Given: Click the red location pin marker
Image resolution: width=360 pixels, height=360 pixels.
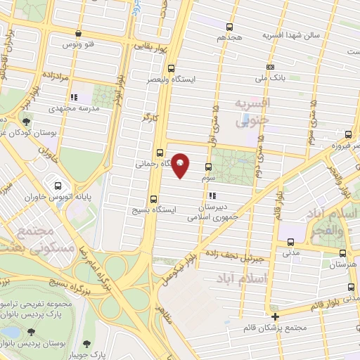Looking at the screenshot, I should (181, 165).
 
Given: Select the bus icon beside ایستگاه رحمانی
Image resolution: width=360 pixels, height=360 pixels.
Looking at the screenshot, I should (160, 152).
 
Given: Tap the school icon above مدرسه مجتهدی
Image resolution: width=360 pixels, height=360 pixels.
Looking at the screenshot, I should (73, 98).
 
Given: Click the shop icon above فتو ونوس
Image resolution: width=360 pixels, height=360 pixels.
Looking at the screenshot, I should (78, 33).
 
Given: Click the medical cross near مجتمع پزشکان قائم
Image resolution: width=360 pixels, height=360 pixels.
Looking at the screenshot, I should (276, 316).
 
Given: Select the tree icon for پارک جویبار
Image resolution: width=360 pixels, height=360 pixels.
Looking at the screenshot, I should (86, 344).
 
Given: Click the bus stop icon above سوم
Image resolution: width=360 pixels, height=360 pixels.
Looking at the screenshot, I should (207, 167).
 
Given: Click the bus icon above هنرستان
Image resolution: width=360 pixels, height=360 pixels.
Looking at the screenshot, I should (342, 255).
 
